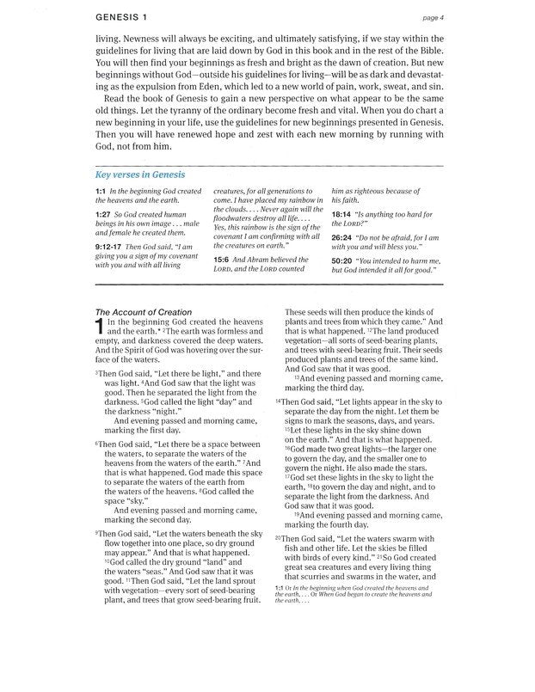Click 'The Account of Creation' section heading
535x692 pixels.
point(143,312)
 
